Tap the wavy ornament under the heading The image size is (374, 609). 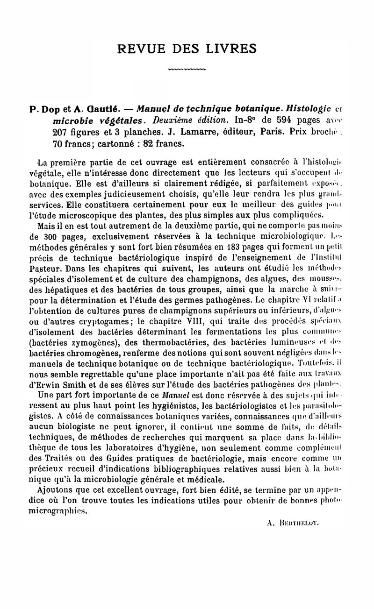(187, 70)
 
